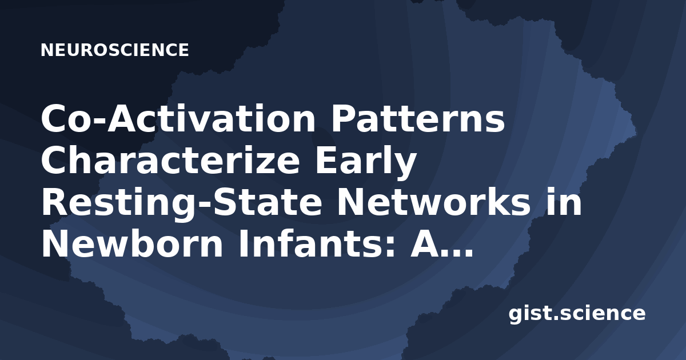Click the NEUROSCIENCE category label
click(114, 50)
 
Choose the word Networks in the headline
click(434, 202)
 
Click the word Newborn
click(132, 244)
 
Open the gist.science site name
click(577, 314)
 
